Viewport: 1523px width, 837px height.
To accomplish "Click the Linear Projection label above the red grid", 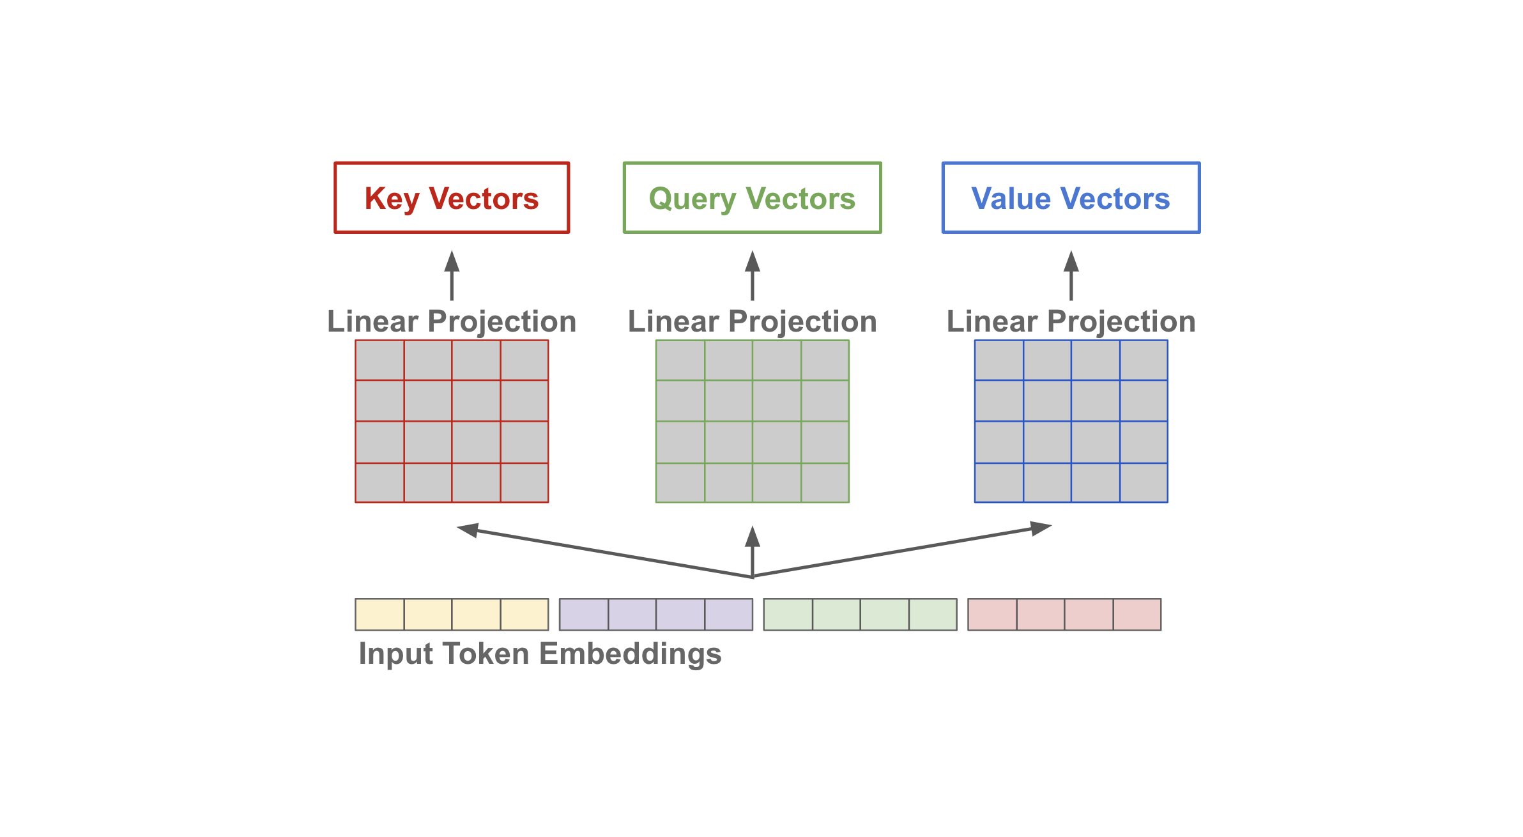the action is (452, 321).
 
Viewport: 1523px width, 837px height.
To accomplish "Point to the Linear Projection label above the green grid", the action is (753, 321).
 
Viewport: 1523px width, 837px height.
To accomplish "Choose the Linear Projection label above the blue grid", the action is (1071, 321).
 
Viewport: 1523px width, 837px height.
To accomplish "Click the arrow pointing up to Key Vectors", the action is (452, 275).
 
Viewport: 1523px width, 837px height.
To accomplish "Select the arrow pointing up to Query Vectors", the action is (753, 275).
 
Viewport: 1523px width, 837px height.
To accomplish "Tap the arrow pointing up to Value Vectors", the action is (1071, 275).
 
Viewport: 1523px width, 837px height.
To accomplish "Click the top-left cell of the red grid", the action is (379, 360).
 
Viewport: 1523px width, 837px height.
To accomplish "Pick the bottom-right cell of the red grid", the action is (524, 483).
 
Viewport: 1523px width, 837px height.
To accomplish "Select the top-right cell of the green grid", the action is (825, 360).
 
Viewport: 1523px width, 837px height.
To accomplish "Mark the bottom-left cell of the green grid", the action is (680, 483).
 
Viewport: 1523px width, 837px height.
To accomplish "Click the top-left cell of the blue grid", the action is (999, 360).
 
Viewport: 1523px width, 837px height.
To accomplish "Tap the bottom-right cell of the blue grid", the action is (1144, 483).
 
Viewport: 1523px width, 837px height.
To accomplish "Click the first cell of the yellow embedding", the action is (380, 615).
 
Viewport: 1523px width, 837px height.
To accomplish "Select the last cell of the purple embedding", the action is (729, 615).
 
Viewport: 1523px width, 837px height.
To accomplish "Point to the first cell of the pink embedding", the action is (993, 615).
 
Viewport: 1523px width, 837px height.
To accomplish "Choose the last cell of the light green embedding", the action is (933, 615).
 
